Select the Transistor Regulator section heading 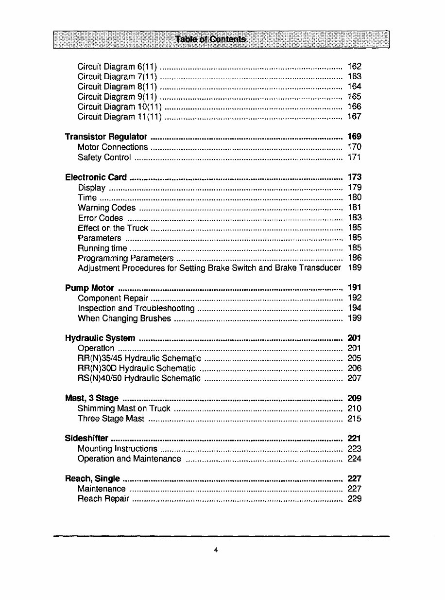coord(106,137)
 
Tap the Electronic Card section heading coord(96,177)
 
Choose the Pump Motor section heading coord(89,288)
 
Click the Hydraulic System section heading coord(100,338)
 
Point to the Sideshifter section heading coord(86,439)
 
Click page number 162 coord(355,67)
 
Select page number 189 coord(355,268)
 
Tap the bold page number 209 coord(355,398)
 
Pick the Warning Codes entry coord(106,208)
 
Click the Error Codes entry coord(100,218)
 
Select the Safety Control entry coord(104,157)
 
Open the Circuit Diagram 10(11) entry coord(120,106)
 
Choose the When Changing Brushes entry coord(124,318)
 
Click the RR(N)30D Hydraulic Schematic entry coord(137,368)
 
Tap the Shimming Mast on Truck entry coord(124,408)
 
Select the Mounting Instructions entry coord(117,449)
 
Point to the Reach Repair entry coord(103,499)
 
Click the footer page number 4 coord(216,550)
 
